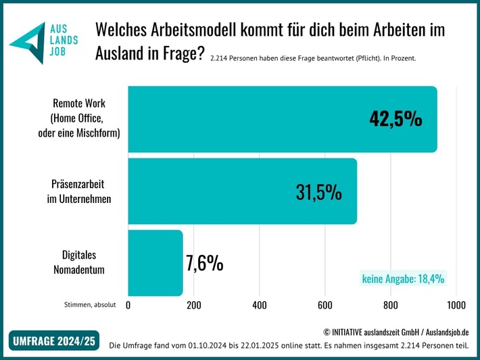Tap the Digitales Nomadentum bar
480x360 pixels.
coord(155,263)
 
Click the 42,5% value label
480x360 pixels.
coord(395,119)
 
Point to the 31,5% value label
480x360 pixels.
coord(318,192)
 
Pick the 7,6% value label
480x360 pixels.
coord(204,263)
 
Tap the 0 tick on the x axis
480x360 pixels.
coord(128,306)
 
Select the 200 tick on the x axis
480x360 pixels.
coord(194,306)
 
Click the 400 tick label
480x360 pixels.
coord(260,306)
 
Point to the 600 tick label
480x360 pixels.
coord(325,306)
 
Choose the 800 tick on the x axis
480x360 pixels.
coord(391,306)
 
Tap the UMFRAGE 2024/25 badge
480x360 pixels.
coord(53,341)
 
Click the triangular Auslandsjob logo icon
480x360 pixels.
coord(28,42)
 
